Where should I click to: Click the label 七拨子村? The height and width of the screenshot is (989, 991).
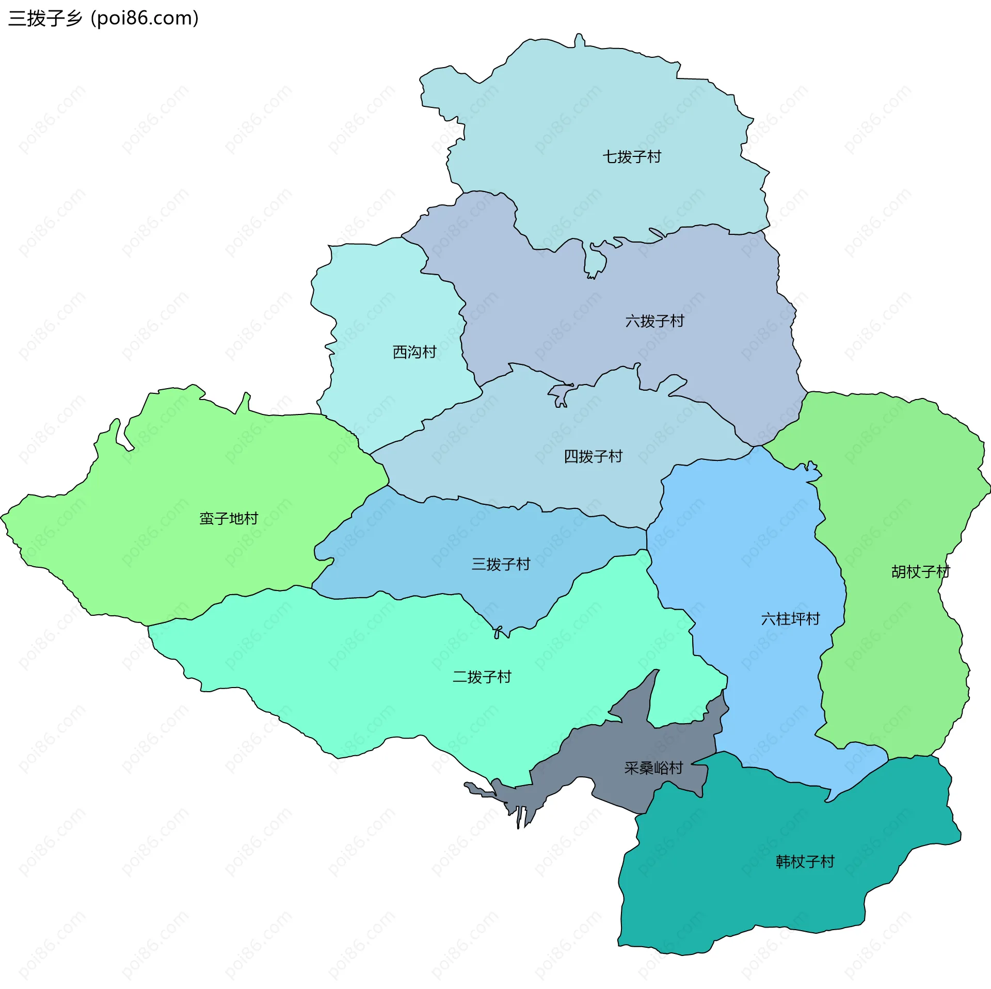(632, 156)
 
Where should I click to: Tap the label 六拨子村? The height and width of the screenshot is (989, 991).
(654, 321)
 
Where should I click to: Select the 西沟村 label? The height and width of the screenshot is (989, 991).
(414, 352)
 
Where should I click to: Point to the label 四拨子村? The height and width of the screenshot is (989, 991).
(593, 456)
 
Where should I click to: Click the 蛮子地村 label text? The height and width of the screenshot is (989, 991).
(229, 518)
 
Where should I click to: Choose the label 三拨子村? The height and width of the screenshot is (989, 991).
(501, 564)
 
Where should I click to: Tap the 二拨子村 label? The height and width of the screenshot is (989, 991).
(482, 677)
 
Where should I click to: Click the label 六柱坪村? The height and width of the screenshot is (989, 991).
(790, 619)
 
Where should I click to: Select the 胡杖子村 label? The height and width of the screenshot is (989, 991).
(920, 572)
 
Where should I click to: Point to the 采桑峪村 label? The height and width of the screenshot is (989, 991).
(653, 768)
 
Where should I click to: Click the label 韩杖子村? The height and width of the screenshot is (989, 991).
(805, 862)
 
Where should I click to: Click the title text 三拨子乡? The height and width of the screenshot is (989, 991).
(45, 19)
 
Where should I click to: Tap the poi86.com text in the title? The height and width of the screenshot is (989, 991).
(145, 19)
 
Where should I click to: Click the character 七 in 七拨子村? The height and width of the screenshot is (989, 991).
(610, 156)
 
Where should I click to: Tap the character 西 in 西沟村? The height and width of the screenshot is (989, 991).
(400, 352)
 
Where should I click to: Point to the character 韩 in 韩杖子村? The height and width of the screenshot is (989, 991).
(783, 862)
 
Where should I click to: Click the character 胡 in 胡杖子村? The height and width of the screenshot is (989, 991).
(899, 572)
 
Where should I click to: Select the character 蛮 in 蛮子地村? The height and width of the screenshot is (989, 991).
(207, 518)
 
